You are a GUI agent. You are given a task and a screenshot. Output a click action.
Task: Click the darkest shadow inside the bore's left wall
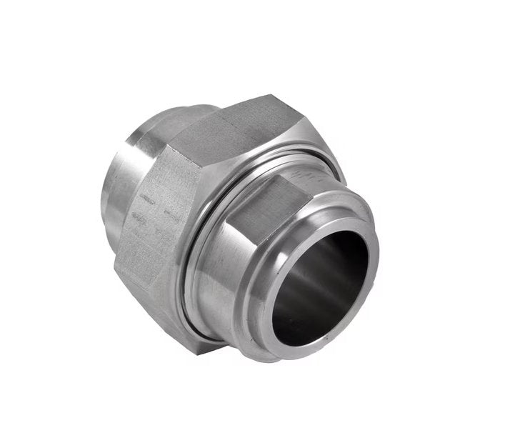pos(289,293)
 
